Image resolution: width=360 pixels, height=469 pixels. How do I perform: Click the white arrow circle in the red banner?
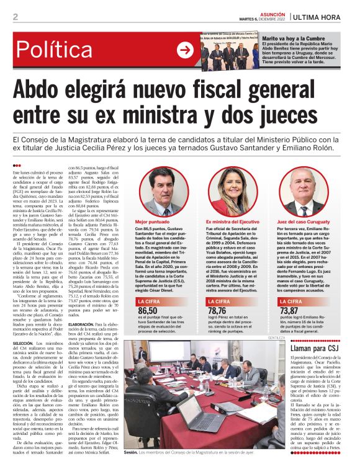[184, 50]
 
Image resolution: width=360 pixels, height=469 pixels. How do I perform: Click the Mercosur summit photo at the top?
[230, 48]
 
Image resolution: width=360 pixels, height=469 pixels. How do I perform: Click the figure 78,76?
[218, 310]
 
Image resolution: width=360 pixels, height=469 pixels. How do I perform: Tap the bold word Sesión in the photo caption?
[130, 453]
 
